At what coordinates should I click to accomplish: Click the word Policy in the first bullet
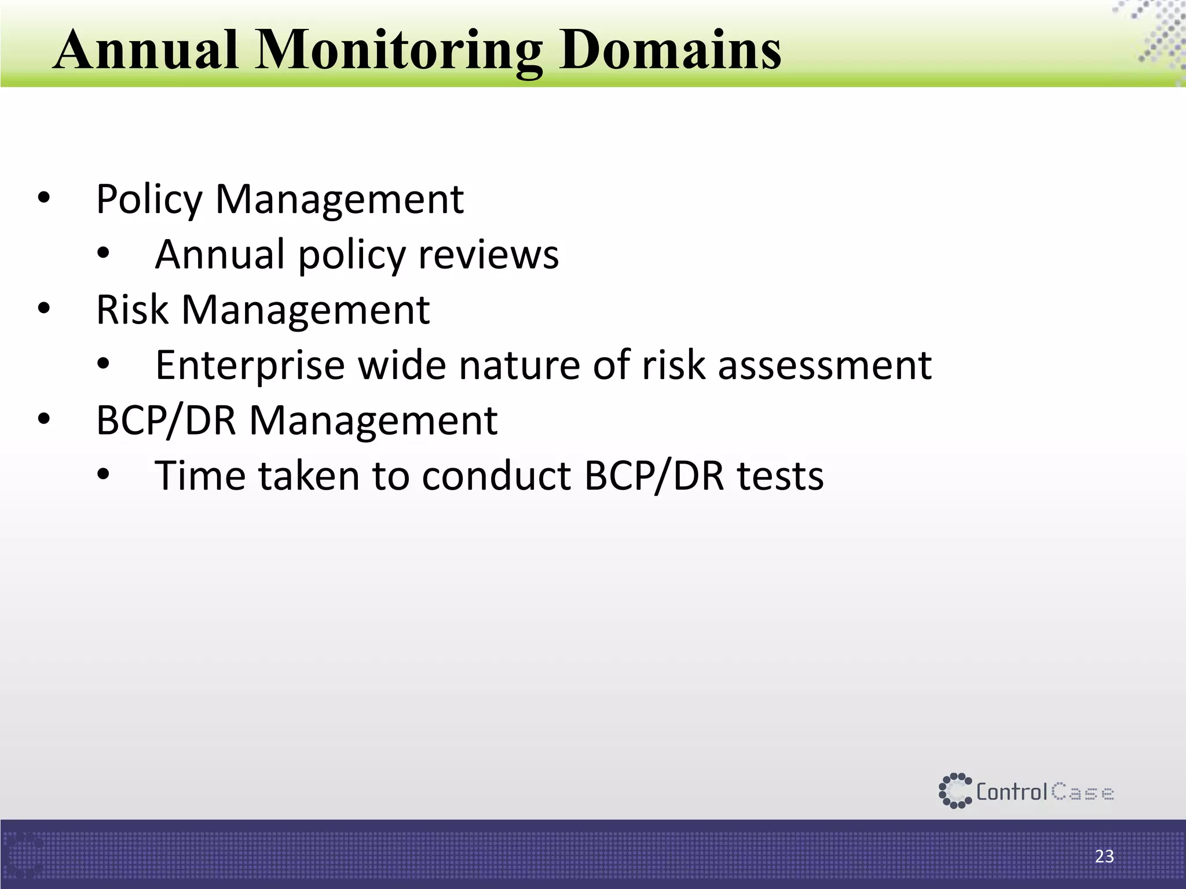[149, 200]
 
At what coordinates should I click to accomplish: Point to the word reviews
[488, 255]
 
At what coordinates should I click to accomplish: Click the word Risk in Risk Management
[132, 310]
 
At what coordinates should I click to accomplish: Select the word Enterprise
[250, 366]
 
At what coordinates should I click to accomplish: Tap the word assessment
[825, 366]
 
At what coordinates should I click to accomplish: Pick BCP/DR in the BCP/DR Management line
[166, 421]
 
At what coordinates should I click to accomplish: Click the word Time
[200, 476]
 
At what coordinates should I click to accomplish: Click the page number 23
[1104, 857]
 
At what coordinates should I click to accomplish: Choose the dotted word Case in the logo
[1082, 792]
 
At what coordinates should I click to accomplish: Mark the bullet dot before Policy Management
[44, 199]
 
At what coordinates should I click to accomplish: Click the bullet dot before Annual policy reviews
[103, 254]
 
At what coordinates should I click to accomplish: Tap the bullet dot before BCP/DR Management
[44, 420]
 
